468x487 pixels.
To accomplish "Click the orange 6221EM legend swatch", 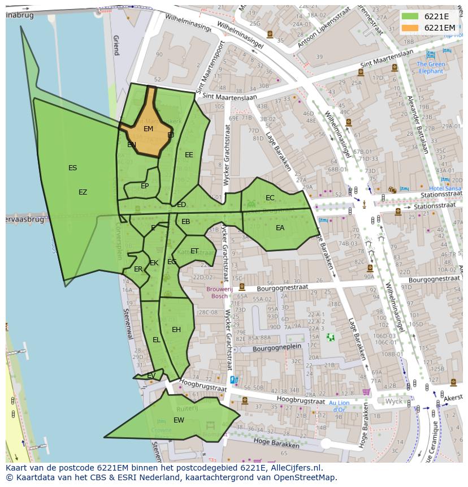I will pos(411,28).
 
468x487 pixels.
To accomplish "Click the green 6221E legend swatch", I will pos(411,16).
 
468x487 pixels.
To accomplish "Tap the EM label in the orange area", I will pos(148,129).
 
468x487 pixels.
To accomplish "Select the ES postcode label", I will pos(72,168).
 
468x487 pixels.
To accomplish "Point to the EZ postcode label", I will pos(83,192).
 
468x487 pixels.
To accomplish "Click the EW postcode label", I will pos(179,420).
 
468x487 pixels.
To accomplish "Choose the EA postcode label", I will pos(280,228).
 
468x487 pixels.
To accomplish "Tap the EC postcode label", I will pos(270,198).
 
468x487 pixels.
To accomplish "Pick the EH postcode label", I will pos(176,330).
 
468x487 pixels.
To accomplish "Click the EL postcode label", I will pos(157,340).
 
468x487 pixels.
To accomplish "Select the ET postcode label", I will pos(194,251).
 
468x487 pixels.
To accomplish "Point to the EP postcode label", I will pos(145,186).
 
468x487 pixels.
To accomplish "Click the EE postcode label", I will pos(189,155).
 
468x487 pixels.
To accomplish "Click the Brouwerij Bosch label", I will pos(216,292).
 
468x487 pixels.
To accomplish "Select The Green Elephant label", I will pos(431,68).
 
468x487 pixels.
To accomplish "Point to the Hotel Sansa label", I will pos(445,188).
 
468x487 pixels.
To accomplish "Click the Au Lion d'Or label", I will pos(340,406).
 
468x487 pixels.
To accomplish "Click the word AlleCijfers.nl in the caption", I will pos(294,468).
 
